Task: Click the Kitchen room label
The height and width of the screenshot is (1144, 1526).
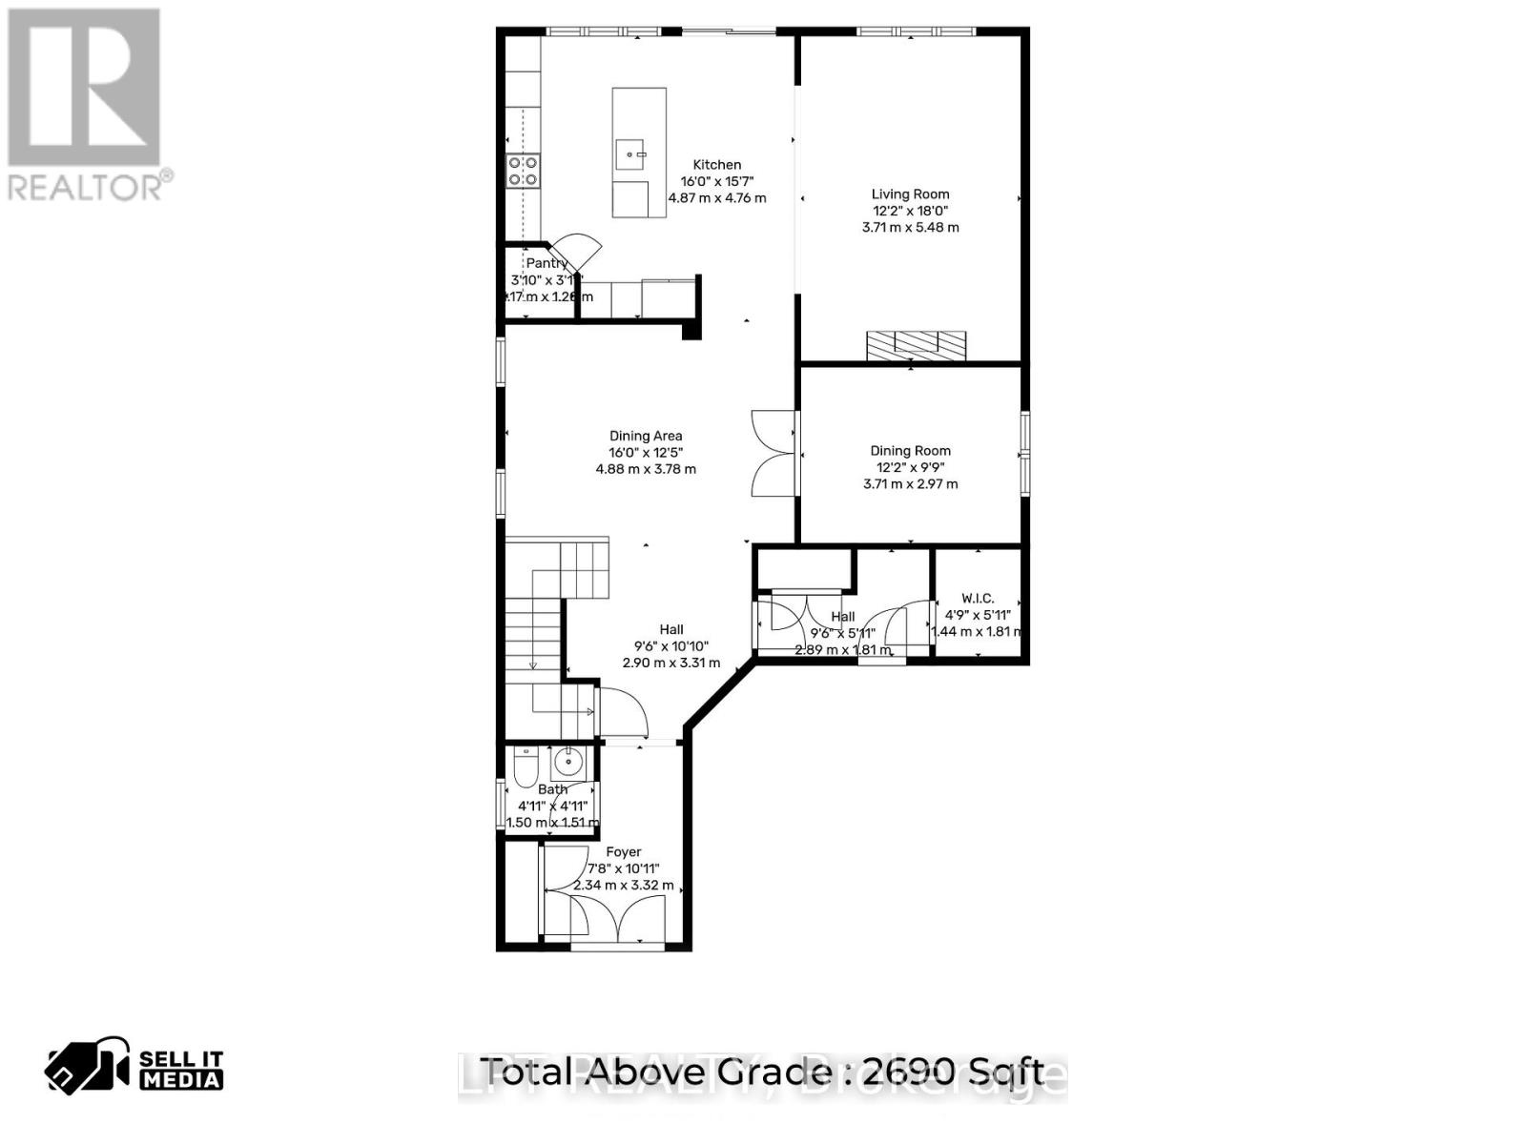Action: click(716, 164)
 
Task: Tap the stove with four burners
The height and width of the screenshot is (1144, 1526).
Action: click(523, 171)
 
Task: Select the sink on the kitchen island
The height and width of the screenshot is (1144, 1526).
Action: click(631, 153)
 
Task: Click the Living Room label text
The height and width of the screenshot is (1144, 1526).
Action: click(910, 194)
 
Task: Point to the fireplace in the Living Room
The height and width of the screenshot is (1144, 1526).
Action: click(916, 345)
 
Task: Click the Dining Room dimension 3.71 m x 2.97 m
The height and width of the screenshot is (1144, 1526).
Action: click(910, 483)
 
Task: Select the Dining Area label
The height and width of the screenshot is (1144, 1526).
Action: click(646, 436)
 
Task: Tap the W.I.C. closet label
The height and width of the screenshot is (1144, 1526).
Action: click(977, 598)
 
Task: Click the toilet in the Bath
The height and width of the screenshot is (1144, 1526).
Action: click(525, 767)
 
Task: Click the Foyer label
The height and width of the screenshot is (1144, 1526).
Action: click(624, 851)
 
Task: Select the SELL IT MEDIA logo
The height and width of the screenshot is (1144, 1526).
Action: click(134, 1068)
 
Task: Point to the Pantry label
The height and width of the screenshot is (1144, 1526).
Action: click(546, 263)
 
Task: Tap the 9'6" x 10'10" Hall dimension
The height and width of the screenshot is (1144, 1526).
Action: click(671, 645)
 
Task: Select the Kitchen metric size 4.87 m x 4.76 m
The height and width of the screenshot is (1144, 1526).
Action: click(716, 198)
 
